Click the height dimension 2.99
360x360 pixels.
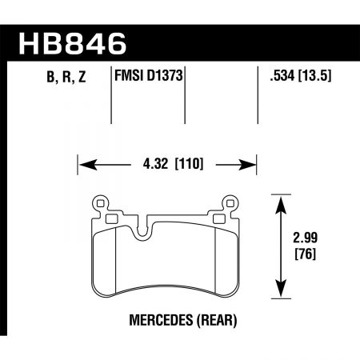click(x=313, y=238)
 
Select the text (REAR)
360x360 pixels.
click(x=210, y=320)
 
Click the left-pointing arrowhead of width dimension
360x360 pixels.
click(x=87, y=166)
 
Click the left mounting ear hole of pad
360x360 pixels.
click(x=100, y=203)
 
